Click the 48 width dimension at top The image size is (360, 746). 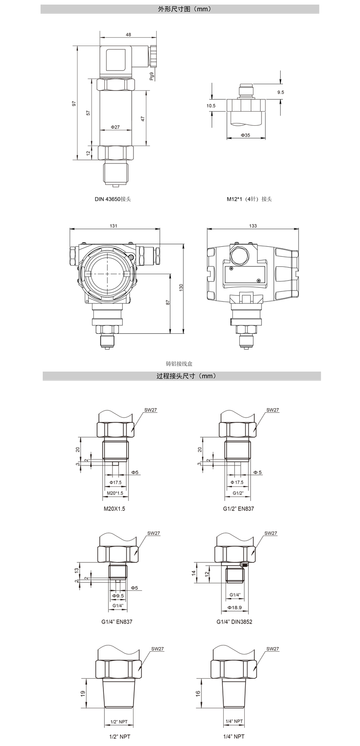(x=129, y=34)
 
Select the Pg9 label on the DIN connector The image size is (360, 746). (x=152, y=76)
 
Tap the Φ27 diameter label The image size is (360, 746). (x=115, y=127)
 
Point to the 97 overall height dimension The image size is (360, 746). (x=74, y=103)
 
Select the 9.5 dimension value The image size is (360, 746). (x=280, y=92)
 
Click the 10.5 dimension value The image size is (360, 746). (x=211, y=106)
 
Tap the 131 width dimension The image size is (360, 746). (x=113, y=226)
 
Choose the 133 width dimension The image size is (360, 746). (x=253, y=226)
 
